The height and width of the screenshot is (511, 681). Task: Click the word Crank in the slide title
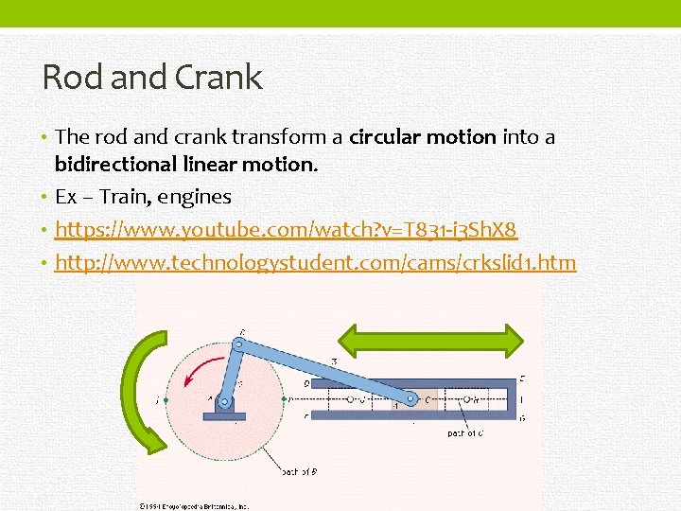click(x=216, y=78)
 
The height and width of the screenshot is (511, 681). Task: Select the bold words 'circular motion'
click(x=423, y=137)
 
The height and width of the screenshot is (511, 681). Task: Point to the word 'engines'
click(x=196, y=197)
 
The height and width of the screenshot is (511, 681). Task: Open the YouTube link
click(x=287, y=230)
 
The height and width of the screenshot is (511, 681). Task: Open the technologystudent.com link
click(x=315, y=262)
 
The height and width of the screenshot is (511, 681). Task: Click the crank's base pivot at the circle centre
click(x=224, y=401)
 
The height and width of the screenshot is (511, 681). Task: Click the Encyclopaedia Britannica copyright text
click(x=195, y=505)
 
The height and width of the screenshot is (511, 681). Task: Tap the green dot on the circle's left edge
click(x=166, y=401)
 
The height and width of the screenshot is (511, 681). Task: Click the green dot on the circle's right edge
click(x=286, y=400)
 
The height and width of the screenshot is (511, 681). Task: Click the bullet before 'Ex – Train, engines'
click(x=46, y=198)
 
